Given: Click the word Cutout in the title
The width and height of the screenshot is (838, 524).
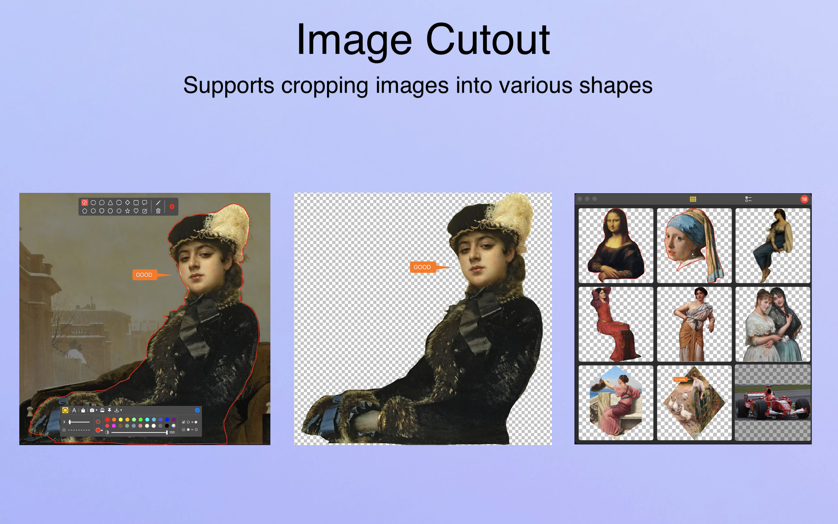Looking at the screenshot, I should point(487,40).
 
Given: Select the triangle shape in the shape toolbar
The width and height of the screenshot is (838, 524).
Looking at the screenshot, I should point(110,202).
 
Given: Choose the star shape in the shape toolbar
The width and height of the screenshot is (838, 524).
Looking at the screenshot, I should point(127,211).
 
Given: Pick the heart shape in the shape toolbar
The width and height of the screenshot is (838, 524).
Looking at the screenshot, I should point(136,211).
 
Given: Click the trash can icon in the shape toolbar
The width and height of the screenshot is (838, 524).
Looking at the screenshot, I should point(158,211).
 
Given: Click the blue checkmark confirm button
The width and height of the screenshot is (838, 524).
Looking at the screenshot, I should point(197,410).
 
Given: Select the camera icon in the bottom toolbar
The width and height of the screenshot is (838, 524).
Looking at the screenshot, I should point(92,410).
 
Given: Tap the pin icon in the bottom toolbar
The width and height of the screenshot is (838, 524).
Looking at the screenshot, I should point(109,410).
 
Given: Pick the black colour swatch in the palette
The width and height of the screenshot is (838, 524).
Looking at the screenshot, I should point(167,426).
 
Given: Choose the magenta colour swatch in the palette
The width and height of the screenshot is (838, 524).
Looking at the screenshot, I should point(114,426).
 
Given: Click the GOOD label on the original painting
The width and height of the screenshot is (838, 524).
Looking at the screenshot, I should point(144,275).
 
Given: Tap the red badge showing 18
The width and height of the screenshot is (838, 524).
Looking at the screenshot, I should point(804,199).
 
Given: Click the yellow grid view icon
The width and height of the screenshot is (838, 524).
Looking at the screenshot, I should point(693,199).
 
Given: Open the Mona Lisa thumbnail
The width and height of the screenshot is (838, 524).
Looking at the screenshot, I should point(616,245).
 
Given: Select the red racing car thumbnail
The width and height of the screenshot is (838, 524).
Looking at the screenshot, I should point(773,403).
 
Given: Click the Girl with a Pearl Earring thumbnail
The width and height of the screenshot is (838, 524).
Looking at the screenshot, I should point(694,245).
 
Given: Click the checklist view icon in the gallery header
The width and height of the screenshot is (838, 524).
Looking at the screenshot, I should point(748,199).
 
